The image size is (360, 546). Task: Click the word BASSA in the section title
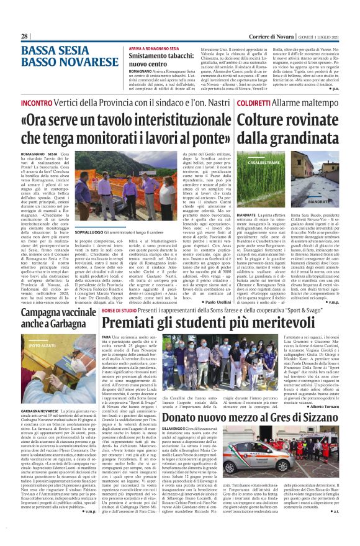[x=41, y=50]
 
